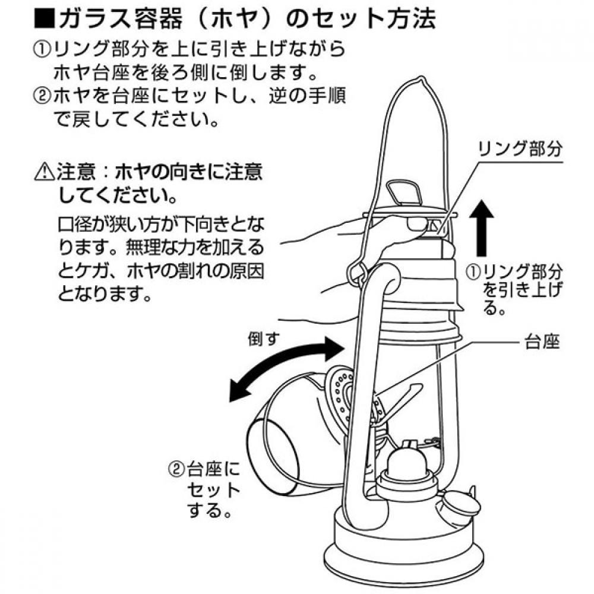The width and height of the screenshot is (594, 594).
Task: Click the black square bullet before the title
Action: tap(45, 18)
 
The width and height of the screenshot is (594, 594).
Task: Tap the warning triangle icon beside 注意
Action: tap(45, 172)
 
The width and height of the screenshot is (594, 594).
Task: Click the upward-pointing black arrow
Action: tap(481, 227)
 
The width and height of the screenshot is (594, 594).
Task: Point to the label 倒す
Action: tap(264, 338)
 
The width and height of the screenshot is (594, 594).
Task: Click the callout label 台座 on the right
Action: tap(542, 342)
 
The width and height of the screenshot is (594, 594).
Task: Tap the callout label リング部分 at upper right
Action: tap(520, 149)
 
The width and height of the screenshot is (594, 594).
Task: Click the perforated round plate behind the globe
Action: tap(340, 394)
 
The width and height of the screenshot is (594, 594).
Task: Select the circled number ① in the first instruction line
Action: tap(42, 50)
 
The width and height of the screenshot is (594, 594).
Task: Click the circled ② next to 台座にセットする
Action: tap(176, 470)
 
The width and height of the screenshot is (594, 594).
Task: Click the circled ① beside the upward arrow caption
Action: tap(473, 273)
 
